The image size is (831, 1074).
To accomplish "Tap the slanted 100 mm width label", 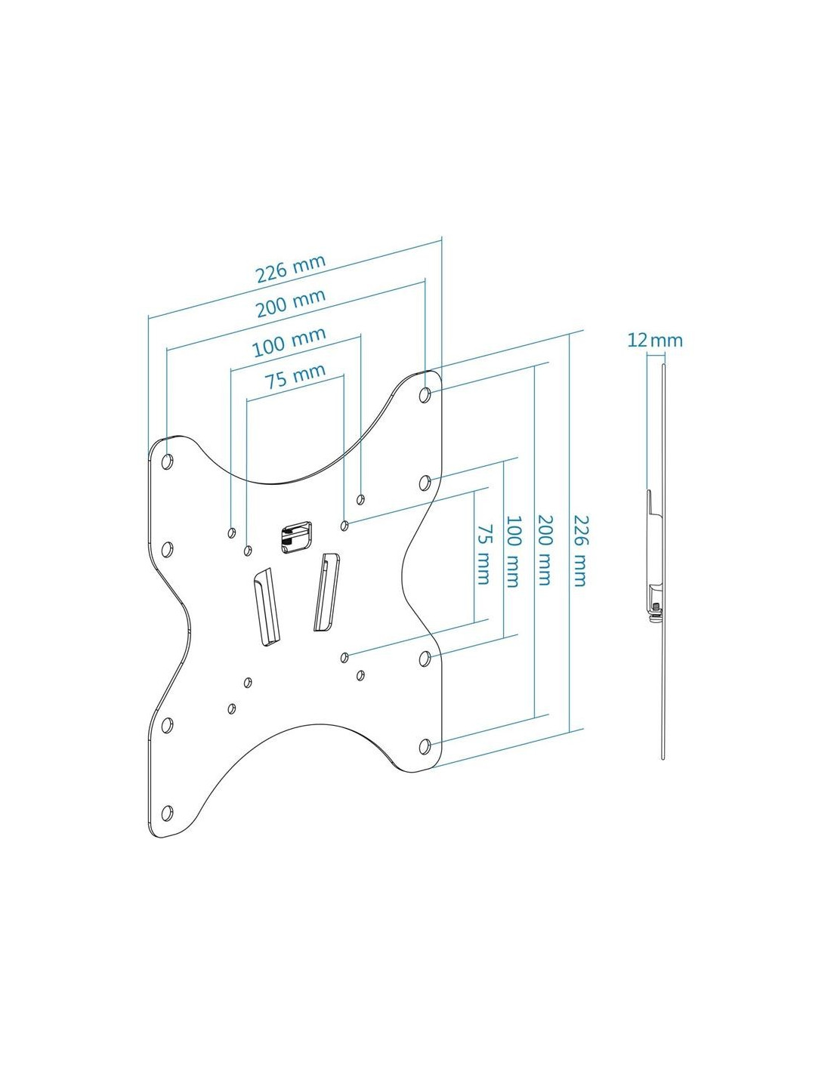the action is (289, 341).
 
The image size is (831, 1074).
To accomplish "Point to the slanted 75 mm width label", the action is (295, 377).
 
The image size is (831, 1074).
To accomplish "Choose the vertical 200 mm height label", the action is (544, 550).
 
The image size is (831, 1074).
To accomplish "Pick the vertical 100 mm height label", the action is (512, 551).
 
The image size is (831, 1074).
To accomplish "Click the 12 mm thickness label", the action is (655, 341).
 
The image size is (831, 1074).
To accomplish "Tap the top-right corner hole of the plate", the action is (425, 395).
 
